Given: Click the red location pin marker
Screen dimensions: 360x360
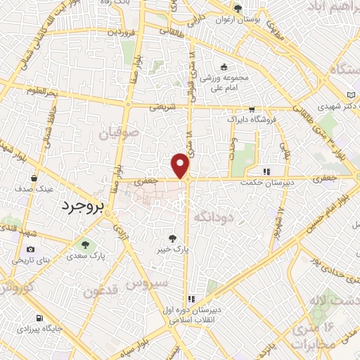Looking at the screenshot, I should pyautogui.click(x=181, y=165).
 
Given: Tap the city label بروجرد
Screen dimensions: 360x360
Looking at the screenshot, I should pyautogui.click(x=79, y=206).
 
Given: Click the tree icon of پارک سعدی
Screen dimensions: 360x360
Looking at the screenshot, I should pyautogui.click(x=85, y=245).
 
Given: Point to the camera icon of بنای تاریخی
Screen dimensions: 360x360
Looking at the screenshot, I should pyautogui.click(x=30, y=249).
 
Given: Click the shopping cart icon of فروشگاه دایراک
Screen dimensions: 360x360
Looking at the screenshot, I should pyautogui.click(x=252, y=110).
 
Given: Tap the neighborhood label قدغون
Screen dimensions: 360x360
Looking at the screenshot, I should pyautogui.click(x=101, y=290).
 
